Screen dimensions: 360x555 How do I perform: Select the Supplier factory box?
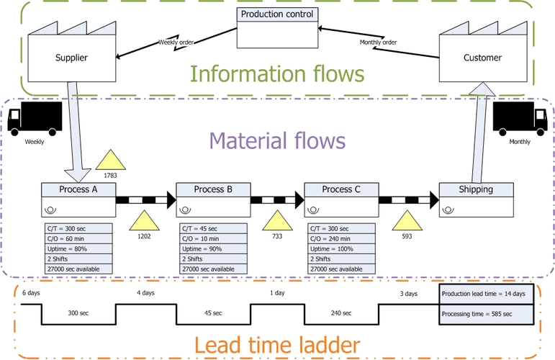click(x=71, y=58)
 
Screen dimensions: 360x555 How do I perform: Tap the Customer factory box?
click(x=483, y=58)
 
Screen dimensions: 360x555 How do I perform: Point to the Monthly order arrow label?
click(x=379, y=42)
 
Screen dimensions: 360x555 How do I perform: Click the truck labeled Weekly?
click(x=34, y=119)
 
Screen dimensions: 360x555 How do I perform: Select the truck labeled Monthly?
click(x=519, y=119)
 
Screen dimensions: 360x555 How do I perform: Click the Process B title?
click(x=214, y=189)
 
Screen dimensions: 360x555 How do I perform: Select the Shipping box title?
click(x=477, y=189)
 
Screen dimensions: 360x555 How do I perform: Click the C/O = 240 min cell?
click(x=342, y=238)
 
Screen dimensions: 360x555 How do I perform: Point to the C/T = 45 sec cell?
click(x=214, y=228)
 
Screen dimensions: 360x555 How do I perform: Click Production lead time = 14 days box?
click(x=487, y=294)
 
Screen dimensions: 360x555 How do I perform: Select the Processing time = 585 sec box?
click(x=487, y=315)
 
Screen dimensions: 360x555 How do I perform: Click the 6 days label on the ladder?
click(x=30, y=293)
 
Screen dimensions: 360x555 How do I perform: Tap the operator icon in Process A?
click(x=50, y=210)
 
